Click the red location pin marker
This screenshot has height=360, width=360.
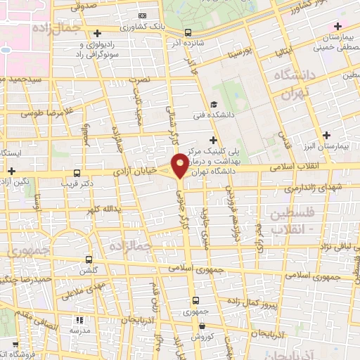[181, 165]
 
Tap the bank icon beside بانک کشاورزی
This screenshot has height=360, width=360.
[143, 15]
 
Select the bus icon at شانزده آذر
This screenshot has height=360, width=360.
[188, 32]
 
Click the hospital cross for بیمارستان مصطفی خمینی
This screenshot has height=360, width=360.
[338, 26]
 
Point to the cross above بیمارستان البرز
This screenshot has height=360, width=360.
[326, 135]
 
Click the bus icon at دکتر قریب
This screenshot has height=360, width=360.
[77, 172]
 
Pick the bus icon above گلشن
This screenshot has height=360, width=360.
[89, 259]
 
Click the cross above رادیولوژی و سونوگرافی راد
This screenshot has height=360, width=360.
[98, 33]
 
